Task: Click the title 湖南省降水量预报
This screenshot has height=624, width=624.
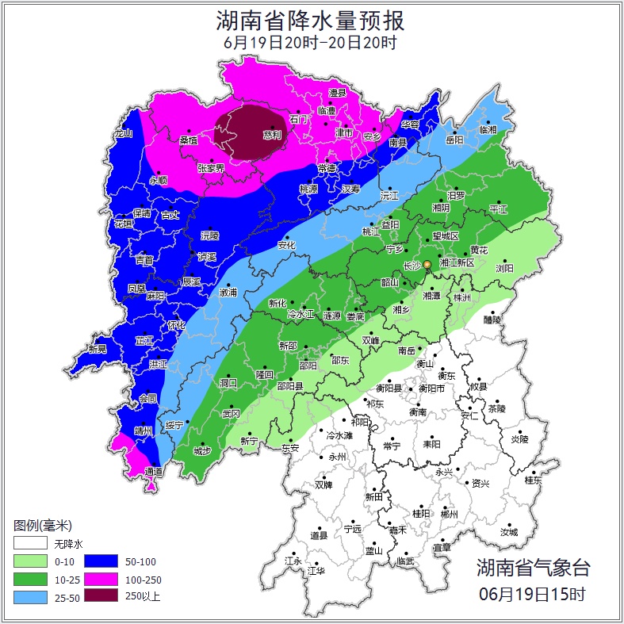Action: (311, 19)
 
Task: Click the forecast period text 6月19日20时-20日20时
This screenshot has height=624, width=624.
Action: (311, 43)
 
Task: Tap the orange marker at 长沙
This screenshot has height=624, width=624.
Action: (427, 264)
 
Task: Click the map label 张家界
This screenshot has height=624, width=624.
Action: (211, 168)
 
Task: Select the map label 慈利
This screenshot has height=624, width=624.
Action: (271, 134)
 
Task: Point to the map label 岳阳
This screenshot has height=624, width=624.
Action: (454, 140)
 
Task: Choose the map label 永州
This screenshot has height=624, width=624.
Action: (338, 457)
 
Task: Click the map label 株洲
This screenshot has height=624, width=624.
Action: (461, 297)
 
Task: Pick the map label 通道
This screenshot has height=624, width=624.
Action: (154, 472)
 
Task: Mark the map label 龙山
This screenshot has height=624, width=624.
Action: (123, 133)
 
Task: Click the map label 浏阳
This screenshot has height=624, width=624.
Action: (504, 268)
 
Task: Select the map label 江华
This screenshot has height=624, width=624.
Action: (316, 569)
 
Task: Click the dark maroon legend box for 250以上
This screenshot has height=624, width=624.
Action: (100, 595)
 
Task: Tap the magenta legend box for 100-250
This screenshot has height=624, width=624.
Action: (100, 578)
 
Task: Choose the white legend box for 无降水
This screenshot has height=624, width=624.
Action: (30, 543)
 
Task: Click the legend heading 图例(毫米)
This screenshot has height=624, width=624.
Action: (43, 526)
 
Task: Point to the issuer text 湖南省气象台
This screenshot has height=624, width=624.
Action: (533, 567)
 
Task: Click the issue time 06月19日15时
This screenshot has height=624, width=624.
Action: (533, 593)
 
